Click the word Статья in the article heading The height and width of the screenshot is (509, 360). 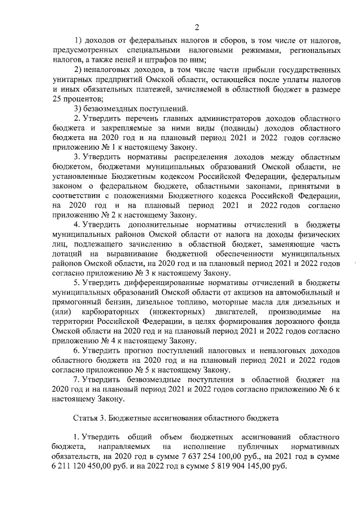pos(87,419)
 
